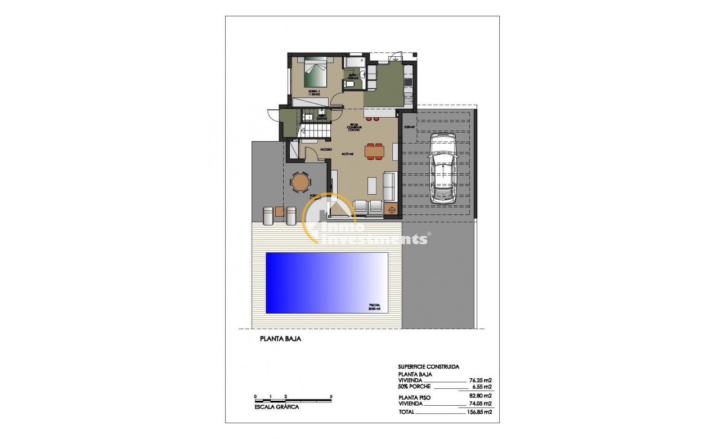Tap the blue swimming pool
click(x=326, y=282)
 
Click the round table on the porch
click(x=300, y=182)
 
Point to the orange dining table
click(x=373, y=151)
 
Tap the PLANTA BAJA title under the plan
click(x=280, y=339)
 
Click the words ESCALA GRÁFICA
click(x=276, y=406)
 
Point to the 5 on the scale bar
click(x=331, y=396)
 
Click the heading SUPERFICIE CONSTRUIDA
click(x=428, y=366)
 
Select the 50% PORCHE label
click(x=414, y=387)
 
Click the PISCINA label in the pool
click(x=374, y=304)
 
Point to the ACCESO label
click(x=326, y=150)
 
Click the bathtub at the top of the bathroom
click(x=354, y=60)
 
